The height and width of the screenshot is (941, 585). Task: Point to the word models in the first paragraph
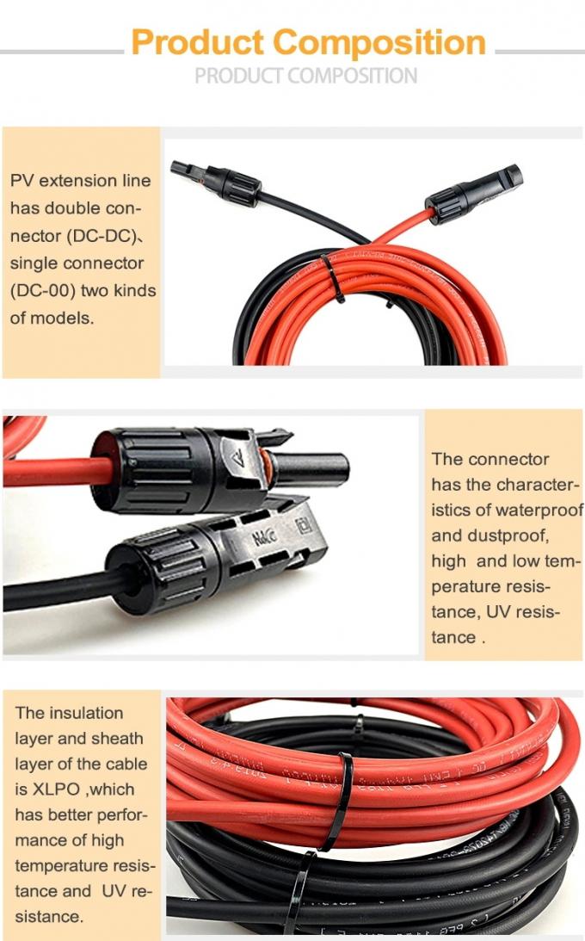(61, 318)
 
